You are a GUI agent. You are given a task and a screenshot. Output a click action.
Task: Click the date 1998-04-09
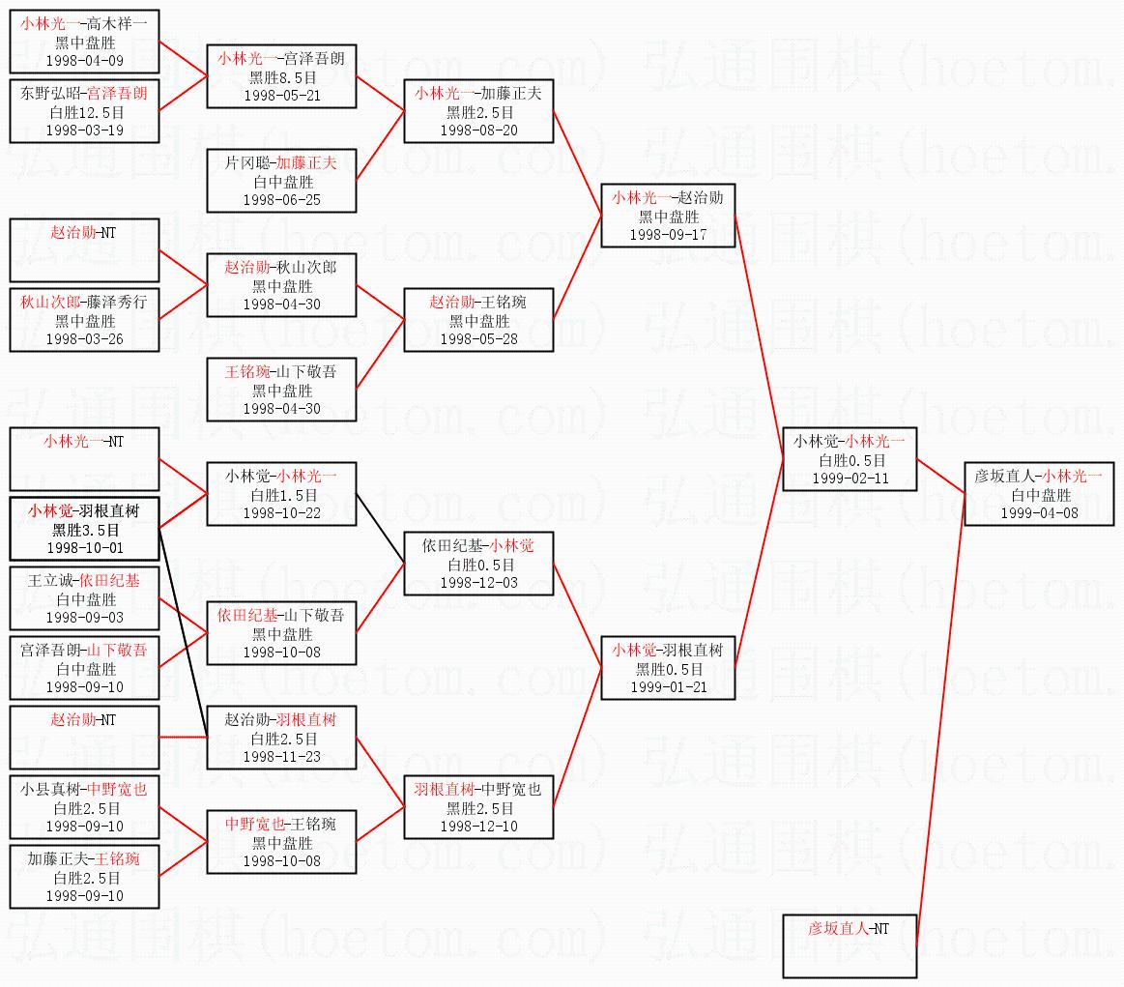coord(84,60)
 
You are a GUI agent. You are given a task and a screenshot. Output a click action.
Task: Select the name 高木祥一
coord(121,24)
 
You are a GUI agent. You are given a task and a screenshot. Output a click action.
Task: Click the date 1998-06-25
coord(281,200)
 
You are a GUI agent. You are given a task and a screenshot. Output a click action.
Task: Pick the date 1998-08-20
coord(478,131)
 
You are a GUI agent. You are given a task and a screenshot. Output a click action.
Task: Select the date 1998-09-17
coord(668,235)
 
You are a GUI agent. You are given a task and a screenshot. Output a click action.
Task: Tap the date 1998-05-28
coord(478,339)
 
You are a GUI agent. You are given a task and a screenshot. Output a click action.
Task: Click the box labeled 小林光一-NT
coord(84,458)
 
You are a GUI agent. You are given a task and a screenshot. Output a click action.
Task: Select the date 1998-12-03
coord(478,583)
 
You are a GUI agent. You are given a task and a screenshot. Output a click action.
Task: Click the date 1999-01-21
coord(668,687)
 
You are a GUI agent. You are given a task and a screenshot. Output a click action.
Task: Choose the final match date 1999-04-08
coord(1039,513)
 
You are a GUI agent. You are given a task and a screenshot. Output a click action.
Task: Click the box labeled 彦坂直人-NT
coord(849,946)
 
